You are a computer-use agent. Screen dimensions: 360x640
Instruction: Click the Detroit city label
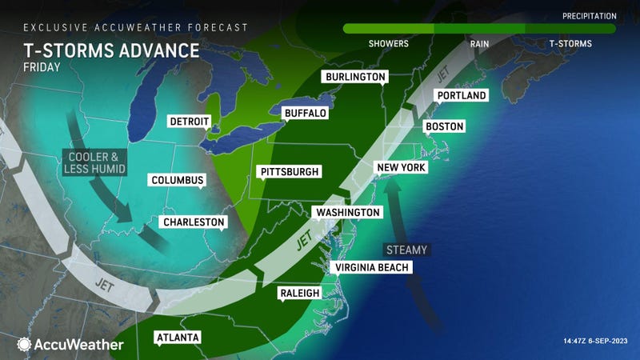point(190,122)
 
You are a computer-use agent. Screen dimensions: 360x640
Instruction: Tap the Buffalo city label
point(305,114)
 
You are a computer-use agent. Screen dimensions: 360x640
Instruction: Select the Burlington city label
point(354,78)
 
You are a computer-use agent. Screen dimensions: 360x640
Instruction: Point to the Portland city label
point(462,96)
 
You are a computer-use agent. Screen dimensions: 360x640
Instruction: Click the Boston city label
point(444,126)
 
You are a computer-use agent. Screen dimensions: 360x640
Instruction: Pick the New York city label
point(402,168)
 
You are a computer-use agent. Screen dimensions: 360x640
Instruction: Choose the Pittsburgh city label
point(290,172)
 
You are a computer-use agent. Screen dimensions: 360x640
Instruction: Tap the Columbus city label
point(178,180)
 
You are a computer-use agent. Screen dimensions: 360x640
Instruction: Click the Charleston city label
point(193,222)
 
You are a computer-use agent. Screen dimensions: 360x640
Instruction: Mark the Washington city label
point(348,213)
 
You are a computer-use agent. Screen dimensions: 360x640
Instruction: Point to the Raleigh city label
point(300,294)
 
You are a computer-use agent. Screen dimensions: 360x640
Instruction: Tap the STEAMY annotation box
point(406,250)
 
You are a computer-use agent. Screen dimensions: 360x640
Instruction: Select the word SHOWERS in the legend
point(388,44)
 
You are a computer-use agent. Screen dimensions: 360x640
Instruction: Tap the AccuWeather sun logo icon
point(23,344)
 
